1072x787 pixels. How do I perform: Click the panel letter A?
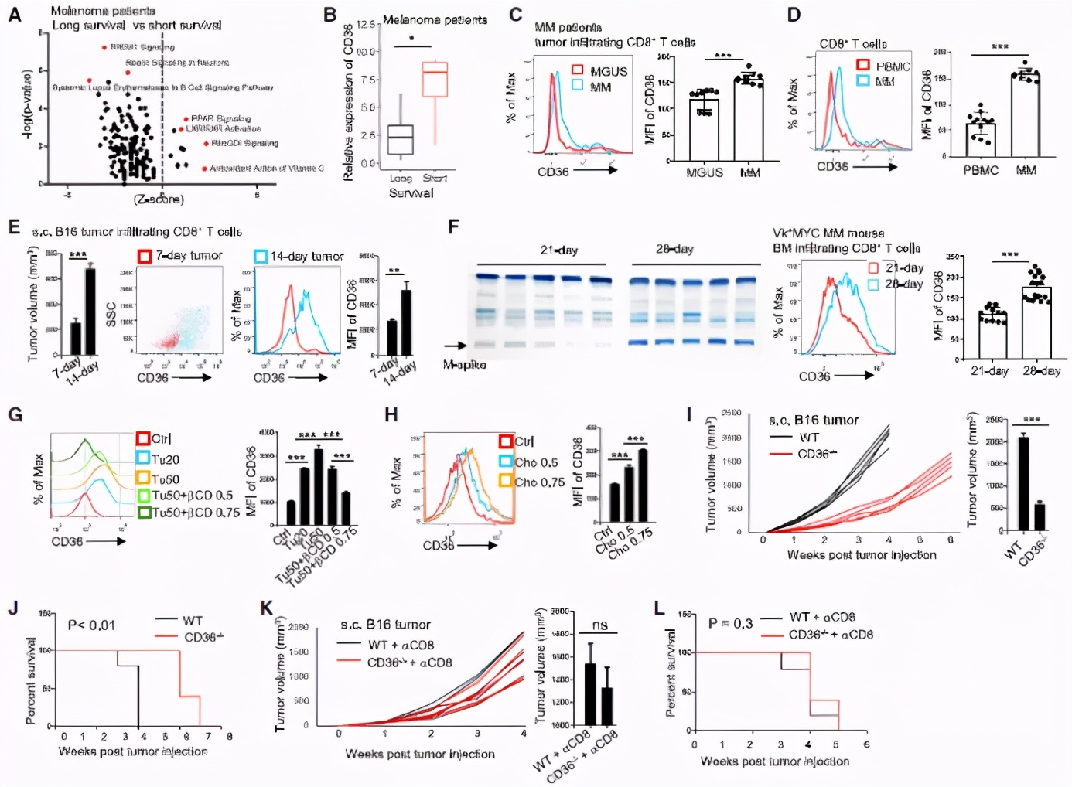coord(14,13)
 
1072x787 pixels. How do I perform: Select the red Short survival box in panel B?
coord(435,79)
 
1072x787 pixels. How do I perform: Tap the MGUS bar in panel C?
coord(704,128)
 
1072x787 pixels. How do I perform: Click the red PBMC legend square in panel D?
coord(863,65)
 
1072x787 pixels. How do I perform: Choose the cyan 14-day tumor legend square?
coord(261,256)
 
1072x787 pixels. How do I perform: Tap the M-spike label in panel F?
coord(464,365)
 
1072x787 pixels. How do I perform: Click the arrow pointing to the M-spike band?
coord(456,346)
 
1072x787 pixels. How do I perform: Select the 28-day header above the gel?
coord(674,250)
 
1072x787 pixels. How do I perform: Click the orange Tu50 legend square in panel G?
coord(143,479)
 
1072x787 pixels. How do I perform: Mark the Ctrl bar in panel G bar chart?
coord(291,513)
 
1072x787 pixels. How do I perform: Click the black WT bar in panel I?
coord(1023,483)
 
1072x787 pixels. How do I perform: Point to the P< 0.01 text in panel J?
coord(91,625)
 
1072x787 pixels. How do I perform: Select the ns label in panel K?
coord(599,625)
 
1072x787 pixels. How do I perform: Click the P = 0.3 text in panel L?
coord(730,623)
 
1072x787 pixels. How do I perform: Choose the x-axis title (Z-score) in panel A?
coord(159,199)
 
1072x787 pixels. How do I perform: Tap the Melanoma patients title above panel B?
coord(435,19)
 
